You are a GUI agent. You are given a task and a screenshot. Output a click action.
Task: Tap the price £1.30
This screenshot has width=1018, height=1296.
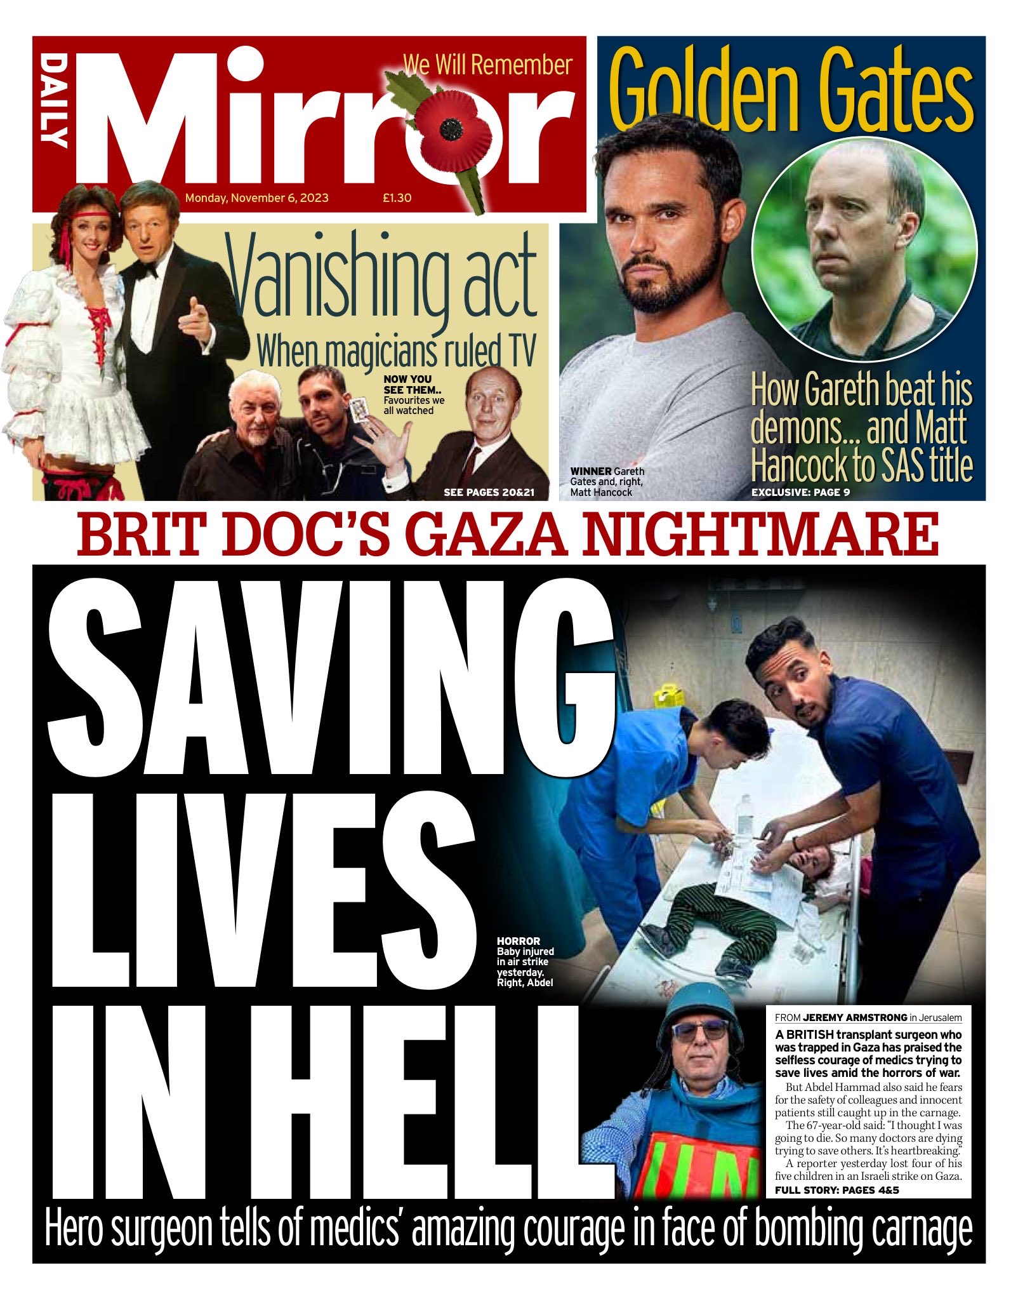coord(397,198)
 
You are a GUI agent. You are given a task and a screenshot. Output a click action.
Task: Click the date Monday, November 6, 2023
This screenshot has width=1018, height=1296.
coord(257,198)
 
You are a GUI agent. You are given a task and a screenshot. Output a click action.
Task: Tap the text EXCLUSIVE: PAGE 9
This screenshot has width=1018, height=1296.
coord(800,492)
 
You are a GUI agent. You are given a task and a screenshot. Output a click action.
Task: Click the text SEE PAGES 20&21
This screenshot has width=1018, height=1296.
coord(489,492)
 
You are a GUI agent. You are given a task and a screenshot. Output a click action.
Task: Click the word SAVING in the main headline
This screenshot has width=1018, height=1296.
coord(330,683)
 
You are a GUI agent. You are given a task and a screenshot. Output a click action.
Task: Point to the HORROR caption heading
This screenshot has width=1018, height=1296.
coord(519,941)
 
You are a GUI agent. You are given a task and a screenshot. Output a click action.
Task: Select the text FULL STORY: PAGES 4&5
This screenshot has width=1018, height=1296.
coord(836,1190)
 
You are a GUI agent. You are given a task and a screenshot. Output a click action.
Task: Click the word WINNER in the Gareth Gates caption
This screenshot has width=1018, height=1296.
coord(590,471)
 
